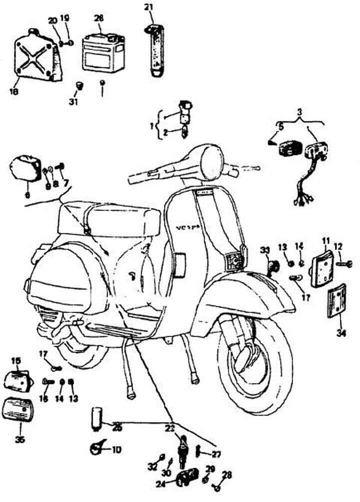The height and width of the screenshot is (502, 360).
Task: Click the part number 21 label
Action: [x=148, y=6]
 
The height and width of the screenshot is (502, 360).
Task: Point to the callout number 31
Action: [x=74, y=102]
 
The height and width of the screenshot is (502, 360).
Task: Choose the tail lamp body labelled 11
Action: [x=323, y=270]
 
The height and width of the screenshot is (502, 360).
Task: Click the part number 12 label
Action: [x=338, y=246]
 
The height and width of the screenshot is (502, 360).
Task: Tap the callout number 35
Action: [x=20, y=440]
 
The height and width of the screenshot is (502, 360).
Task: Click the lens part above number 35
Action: [x=20, y=410]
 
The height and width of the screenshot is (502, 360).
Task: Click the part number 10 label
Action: [x=116, y=449]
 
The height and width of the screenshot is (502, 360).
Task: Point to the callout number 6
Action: [x=26, y=194]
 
